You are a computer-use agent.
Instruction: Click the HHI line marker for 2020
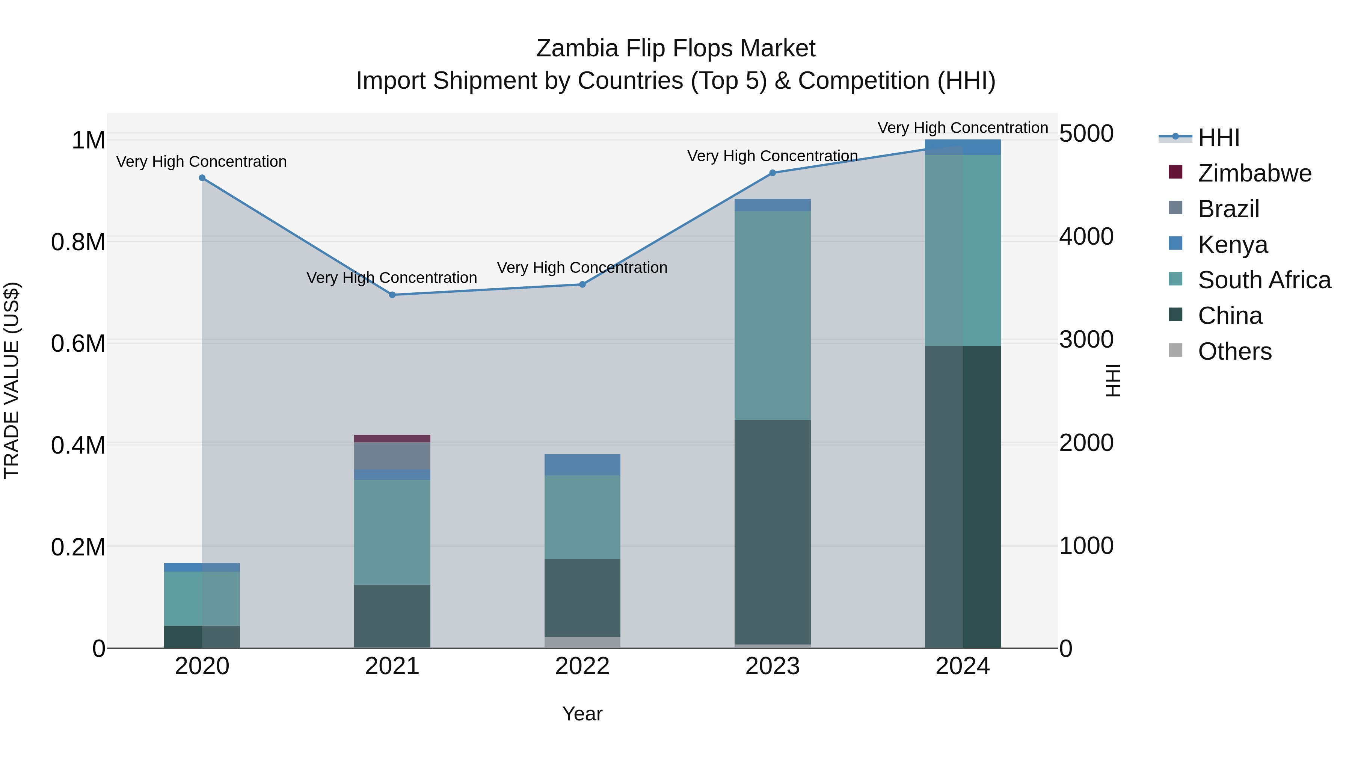click(x=202, y=178)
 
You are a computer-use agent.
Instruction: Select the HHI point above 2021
click(x=392, y=295)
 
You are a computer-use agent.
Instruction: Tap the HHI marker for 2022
click(x=582, y=284)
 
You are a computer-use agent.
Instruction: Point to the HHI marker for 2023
click(x=773, y=173)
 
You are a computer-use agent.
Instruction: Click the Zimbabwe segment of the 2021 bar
click(x=392, y=439)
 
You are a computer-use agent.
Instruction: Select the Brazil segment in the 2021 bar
click(x=392, y=456)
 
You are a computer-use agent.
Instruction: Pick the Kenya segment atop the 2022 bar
click(x=582, y=465)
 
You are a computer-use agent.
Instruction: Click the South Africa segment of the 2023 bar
click(x=773, y=315)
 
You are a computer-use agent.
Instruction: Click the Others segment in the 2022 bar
click(x=582, y=642)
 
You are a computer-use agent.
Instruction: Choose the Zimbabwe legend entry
click(x=1254, y=173)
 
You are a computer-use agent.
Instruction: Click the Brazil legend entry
click(x=1228, y=209)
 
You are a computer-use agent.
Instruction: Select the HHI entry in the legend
click(x=1219, y=138)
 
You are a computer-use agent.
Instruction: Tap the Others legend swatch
click(x=1175, y=350)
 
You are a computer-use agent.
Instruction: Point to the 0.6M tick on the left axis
click(x=78, y=344)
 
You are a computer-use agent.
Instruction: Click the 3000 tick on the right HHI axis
click(x=1086, y=340)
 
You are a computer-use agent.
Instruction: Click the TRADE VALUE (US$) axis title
click(x=12, y=380)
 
